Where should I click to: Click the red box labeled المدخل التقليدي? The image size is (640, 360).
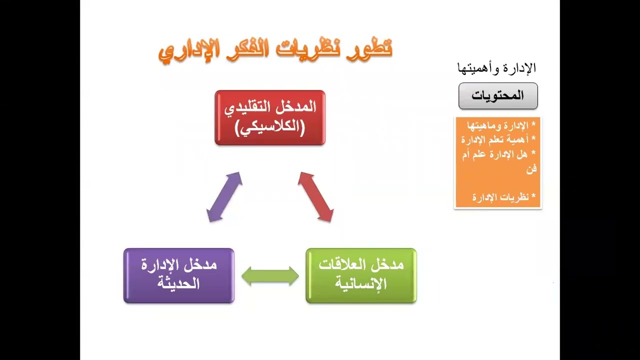(x=270, y=118)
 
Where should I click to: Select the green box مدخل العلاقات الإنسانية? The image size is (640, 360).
(x=361, y=275)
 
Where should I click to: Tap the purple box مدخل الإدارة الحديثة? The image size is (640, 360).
(x=178, y=275)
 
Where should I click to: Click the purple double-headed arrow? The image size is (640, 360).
(x=224, y=197)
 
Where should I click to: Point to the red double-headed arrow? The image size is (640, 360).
(x=315, y=197)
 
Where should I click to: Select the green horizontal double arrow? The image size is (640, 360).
(x=270, y=276)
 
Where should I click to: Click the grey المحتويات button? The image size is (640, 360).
(x=498, y=96)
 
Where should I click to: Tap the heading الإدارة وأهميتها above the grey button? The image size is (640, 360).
(x=496, y=68)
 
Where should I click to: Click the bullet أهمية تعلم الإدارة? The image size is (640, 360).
(x=499, y=139)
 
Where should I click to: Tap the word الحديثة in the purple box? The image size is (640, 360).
(x=178, y=284)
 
